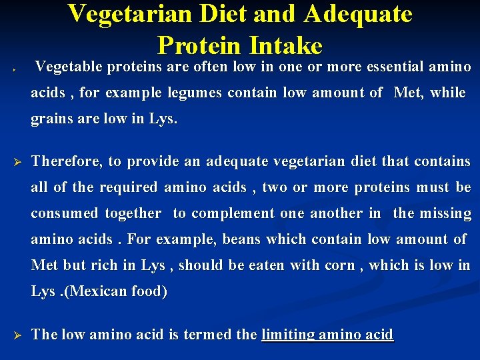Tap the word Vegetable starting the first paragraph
tap(69, 67)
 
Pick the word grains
tap(50, 120)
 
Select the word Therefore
tap(67, 161)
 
